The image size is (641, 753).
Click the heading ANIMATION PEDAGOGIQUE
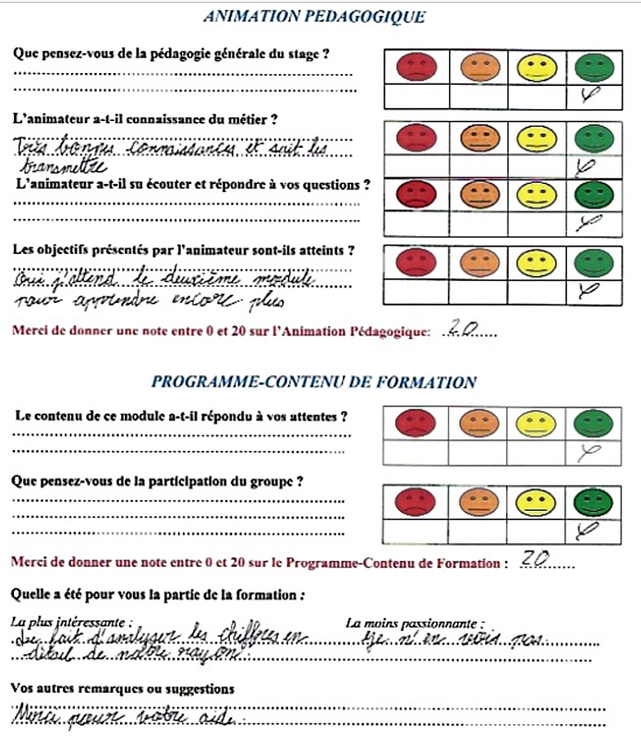click(314, 16)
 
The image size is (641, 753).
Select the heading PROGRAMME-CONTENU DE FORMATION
click(314, 382)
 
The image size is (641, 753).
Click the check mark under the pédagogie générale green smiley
click(588, 95)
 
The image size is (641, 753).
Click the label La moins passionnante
click(415, 625)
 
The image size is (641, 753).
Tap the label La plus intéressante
click(72, 624)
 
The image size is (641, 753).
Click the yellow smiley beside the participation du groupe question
click(533, 502)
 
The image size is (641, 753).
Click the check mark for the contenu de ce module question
click(588, 451)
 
